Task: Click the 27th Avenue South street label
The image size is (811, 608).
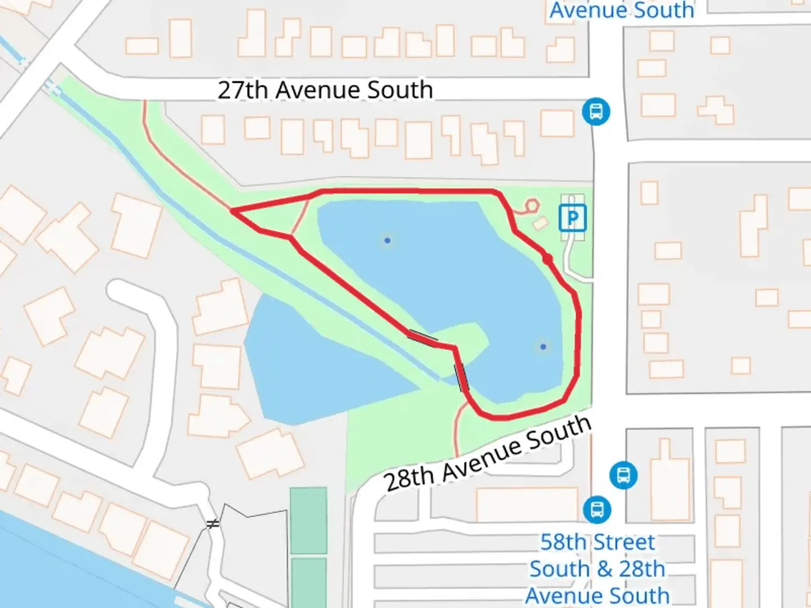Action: [325, 90]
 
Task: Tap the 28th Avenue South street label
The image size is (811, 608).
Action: [488, 454]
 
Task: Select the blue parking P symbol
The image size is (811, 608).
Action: [573, 218]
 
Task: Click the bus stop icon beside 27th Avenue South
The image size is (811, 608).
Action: [596, 111]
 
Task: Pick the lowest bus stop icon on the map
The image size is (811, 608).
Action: [597, 509]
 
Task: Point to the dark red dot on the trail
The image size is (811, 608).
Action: [547, 259]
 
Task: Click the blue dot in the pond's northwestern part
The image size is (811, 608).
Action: [387, 240]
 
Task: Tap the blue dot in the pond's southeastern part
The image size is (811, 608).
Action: [543, 347]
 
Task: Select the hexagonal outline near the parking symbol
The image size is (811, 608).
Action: [532, 206]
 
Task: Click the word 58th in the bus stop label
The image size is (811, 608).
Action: [563, 542]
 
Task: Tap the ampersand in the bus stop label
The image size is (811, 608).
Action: [604, 569]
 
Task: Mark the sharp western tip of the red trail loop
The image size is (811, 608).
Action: [232, 211]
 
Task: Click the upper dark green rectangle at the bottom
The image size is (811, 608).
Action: [309, 521]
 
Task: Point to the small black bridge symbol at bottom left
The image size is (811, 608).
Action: [212, 524]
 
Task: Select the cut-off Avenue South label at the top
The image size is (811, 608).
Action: [622, 10]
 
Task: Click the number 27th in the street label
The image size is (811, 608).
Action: [243, 90]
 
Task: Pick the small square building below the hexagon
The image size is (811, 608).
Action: [540, 223]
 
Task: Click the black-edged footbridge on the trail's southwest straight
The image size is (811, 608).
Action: [422, 338]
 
